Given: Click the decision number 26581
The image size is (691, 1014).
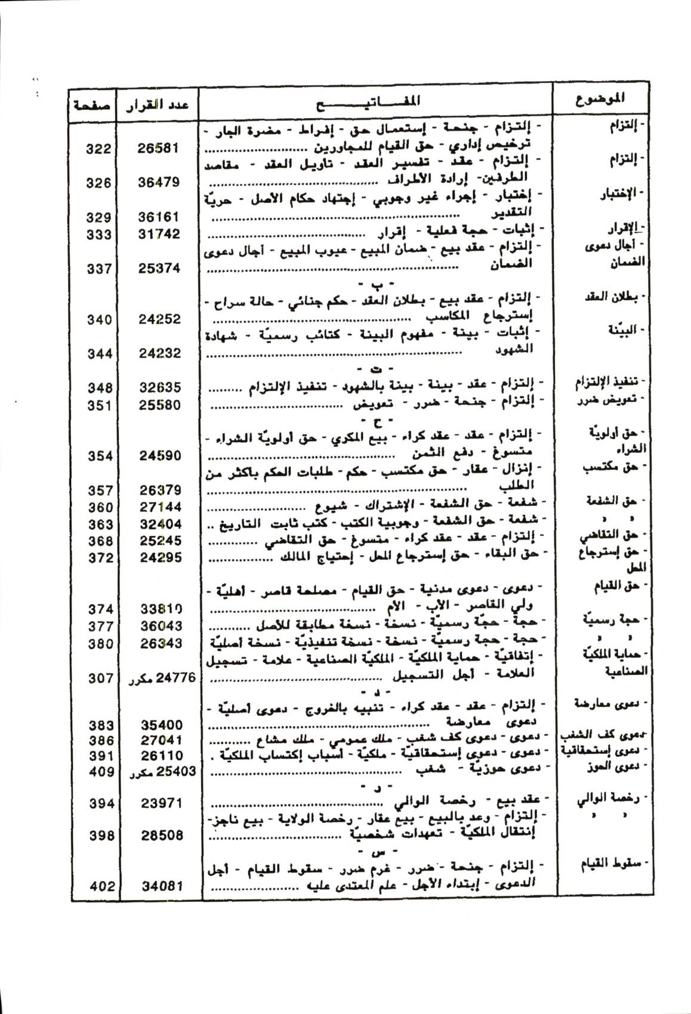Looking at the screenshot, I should pyautogui.click(x=158, y=148).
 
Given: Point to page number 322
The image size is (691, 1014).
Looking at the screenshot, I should pyautogui.click(x=98, y=149).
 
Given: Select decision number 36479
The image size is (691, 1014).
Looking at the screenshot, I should pyautogui.click(x=158, y=182).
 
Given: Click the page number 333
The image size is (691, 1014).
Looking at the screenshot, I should pyautogui.click(x=98, y=234).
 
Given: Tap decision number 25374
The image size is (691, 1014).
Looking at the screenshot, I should pyautogui.click(x=159, y=268).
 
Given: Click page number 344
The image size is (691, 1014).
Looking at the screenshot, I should pyautogui.click(x=98, y=353).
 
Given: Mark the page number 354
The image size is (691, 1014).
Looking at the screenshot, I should pyautogui.click(x=99, y=456).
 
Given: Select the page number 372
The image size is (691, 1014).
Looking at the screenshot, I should pyautogui.click(x=99, y=557).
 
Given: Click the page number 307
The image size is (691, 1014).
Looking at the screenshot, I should pyautogui.click(x=100, y=677).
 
